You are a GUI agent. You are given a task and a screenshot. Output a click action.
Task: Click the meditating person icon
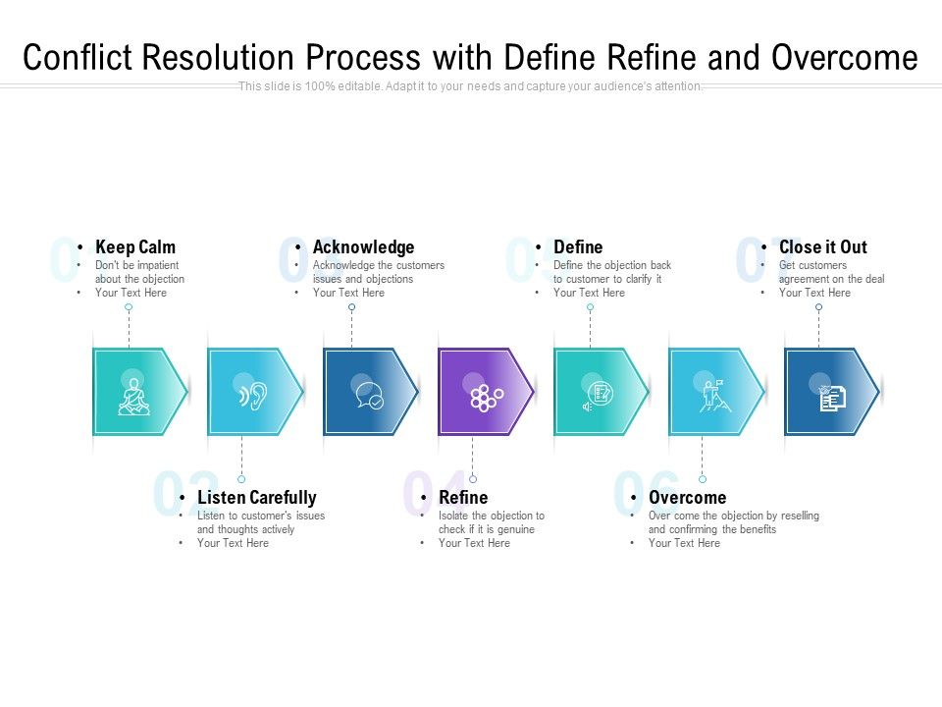[132, 396]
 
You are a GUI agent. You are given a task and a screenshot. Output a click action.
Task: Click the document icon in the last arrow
[831, 397]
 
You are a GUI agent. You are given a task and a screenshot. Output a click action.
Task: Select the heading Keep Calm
[135, 247]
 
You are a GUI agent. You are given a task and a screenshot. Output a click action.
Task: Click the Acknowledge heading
[363, 247]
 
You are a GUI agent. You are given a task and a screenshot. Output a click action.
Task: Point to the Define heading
[578, 247]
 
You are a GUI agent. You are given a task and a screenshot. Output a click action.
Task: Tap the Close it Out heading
[823, 247]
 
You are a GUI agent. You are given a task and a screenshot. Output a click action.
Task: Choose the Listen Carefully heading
[256, 498]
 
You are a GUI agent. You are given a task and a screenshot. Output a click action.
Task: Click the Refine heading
[463, 498]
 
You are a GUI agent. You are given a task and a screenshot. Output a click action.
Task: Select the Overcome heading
[687, 498]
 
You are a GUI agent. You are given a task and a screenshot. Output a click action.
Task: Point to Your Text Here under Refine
[474, 543]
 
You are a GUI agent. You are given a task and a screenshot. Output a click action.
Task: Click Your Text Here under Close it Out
[814, 293]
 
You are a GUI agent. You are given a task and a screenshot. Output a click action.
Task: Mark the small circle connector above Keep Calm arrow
[129, 307]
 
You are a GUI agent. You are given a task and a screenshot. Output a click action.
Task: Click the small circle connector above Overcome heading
[702, 479]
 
